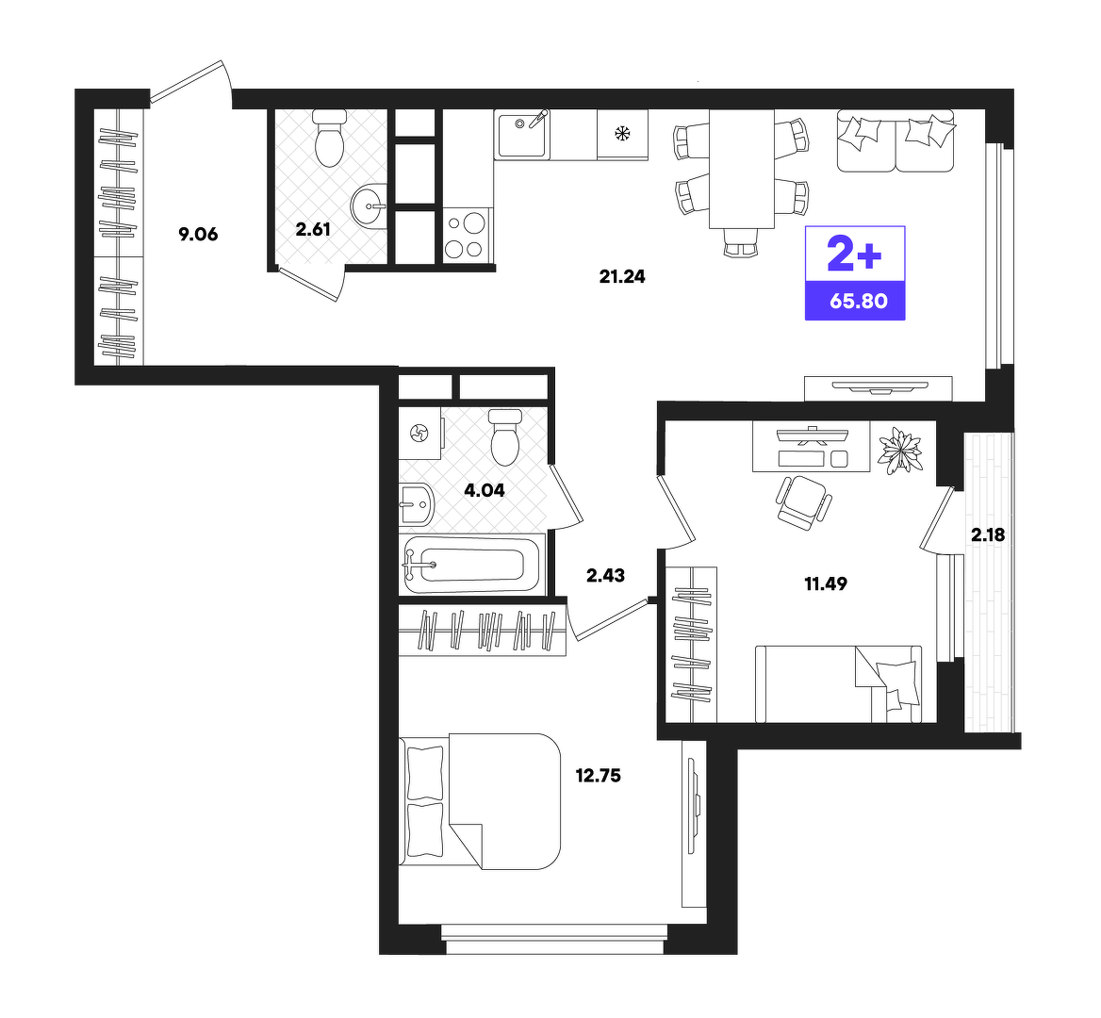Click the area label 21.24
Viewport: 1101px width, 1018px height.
tap(622, 276)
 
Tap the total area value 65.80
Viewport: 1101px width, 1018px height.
tap(858, 302)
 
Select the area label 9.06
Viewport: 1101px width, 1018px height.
tap(198, 235)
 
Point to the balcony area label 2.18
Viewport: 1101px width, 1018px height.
tap(988, 535)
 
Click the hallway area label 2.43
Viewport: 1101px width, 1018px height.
tap(605, 576)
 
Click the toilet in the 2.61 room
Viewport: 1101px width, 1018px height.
tap(329, 138)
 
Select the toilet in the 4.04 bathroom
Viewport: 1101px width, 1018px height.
tap(505, 437)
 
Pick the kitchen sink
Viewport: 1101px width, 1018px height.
tap(521, 134)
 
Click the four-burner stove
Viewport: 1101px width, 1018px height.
tap(467, 236)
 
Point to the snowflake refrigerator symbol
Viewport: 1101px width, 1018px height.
tap(622, 134)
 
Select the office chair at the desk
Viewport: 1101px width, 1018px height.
tap(803, 501)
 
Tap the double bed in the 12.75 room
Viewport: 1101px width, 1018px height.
tap(481, 802)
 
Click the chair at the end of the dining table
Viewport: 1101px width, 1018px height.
tap(742, 242)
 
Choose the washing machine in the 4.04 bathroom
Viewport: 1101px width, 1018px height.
tap(420, 434)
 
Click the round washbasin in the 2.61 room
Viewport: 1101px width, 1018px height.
tap(370, 205)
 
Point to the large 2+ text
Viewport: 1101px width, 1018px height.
tap(855, 254)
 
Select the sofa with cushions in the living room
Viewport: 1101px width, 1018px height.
tap(896, 141)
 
